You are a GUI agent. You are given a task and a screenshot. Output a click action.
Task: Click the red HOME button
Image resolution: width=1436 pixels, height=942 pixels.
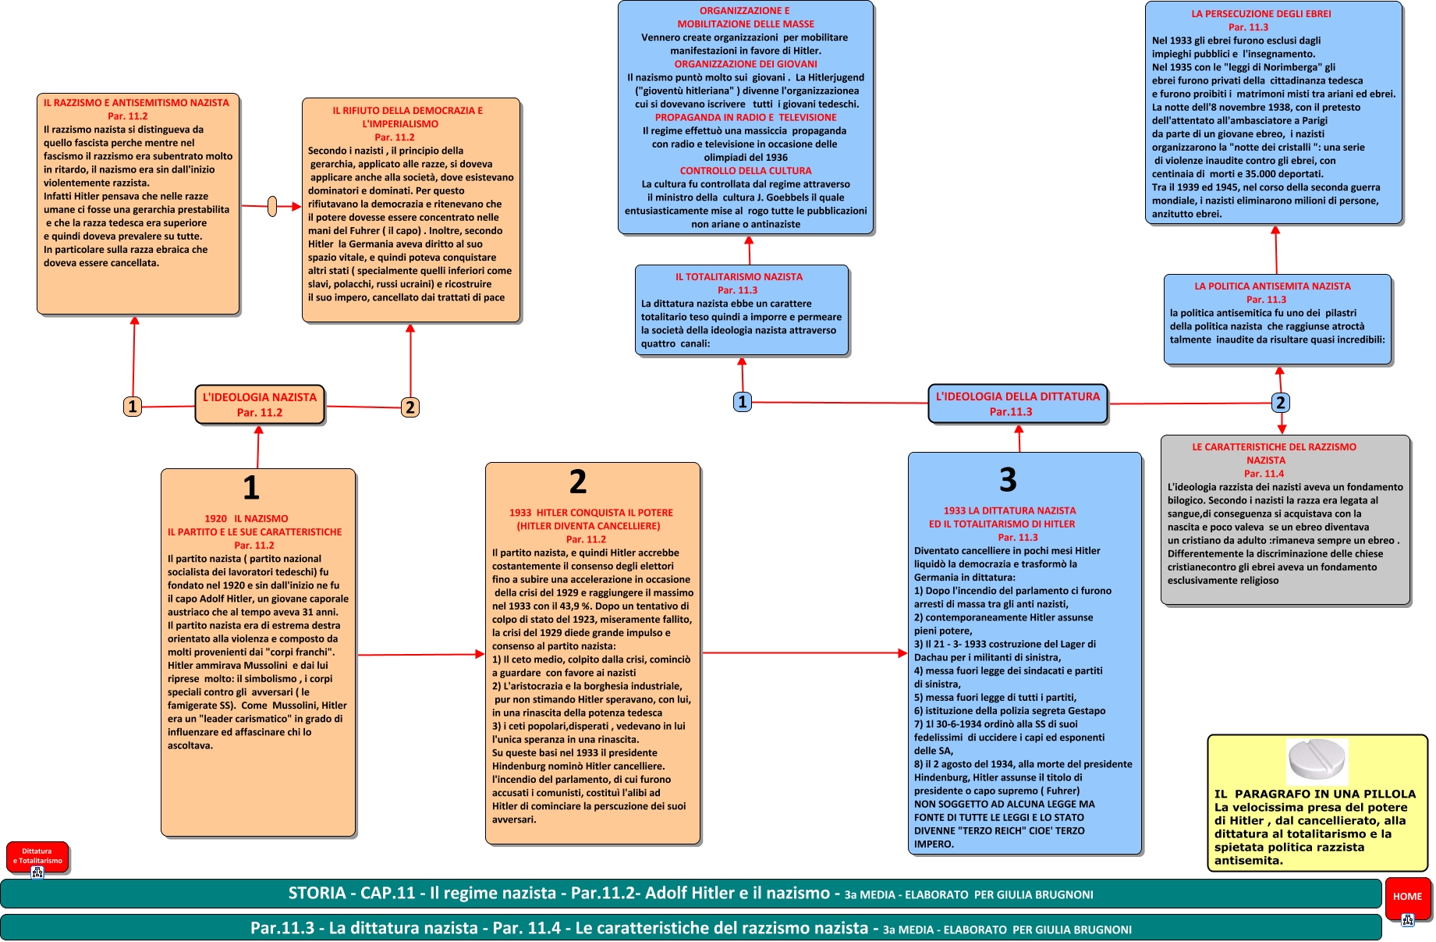[1406, 897]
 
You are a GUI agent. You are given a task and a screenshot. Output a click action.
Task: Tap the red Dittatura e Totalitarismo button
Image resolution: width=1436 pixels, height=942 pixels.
[37, 856]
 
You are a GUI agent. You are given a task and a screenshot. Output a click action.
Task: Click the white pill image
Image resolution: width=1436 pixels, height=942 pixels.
[1317, 761]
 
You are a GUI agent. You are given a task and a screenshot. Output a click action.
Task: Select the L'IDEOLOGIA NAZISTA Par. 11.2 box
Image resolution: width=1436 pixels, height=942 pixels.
[260, 404]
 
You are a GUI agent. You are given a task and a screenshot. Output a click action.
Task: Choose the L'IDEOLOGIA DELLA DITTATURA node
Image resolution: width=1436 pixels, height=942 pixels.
[1017, 403]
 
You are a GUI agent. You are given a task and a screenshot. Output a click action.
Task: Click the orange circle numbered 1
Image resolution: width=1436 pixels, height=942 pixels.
[133, 407]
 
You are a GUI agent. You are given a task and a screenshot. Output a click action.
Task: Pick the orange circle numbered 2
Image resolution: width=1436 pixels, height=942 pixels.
[410, 407]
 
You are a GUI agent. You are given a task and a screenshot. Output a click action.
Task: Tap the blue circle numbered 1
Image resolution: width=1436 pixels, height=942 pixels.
[743, 402]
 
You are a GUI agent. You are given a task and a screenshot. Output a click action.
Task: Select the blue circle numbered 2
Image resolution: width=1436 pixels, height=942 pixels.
[1280, 403]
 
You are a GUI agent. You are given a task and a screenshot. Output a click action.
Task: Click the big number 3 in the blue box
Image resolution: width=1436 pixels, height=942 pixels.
[1008, 479]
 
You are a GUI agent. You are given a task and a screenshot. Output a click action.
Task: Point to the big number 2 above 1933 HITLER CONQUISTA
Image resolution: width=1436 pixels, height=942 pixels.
[578, 482]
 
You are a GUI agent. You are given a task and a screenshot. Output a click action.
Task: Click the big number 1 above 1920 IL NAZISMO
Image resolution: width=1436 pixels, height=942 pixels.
[251, 488]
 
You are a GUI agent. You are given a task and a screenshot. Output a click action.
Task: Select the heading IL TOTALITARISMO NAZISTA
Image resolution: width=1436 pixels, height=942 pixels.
[739, 277]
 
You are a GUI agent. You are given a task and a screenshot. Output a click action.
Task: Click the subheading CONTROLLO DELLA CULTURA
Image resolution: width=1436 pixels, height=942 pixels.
[746, 171]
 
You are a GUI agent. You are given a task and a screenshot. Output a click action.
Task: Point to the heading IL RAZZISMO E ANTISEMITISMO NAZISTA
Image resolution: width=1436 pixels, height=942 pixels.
[137, 103]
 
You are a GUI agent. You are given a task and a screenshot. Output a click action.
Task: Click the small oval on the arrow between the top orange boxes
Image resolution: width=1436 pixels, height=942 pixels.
[272, 207]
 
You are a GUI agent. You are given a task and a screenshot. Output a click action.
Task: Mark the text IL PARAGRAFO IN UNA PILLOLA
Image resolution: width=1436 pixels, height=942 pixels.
[1314, 794]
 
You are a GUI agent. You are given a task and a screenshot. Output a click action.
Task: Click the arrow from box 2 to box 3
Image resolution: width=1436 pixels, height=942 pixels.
[803, 653]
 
